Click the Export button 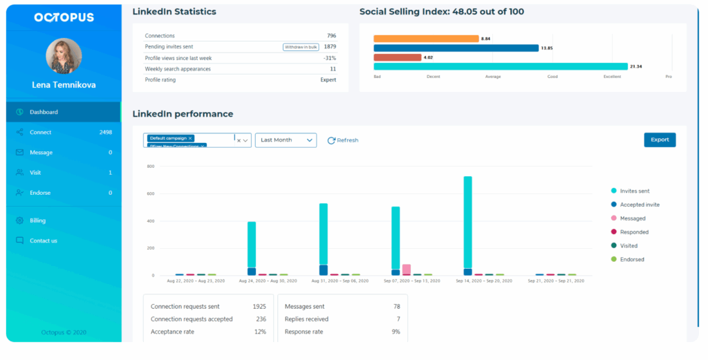point(660,140)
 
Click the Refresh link point(343,140)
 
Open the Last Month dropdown point(286,140)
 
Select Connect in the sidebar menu point(41,132)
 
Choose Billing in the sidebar point(37,220)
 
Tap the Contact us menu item point(43,240)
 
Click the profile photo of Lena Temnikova point(64,57)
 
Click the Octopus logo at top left point(64,17)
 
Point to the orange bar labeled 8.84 point(426,39)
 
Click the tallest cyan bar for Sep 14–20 point(467,221)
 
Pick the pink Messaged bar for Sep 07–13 point(407,269)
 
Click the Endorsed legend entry point(632,259)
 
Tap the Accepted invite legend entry point(639,205)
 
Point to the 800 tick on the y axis point(149,167)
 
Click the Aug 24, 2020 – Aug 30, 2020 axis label point(266,282)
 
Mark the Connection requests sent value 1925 point(259,306)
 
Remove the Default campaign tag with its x point(190,138)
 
